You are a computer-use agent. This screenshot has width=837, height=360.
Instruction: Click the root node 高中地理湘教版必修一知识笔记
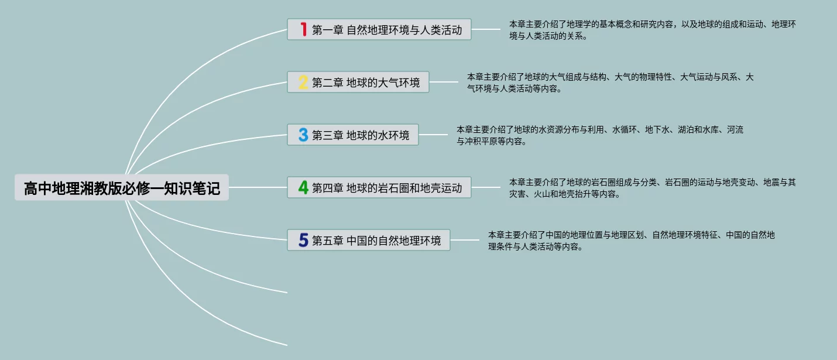tap(122, 188)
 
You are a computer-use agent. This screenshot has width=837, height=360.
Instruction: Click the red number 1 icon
tap(303, 29)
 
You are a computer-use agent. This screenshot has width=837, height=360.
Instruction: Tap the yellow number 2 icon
tap(303, 82)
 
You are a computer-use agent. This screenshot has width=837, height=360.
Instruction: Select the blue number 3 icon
tap(303, 135)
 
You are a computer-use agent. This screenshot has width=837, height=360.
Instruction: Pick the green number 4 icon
tap(303, 187)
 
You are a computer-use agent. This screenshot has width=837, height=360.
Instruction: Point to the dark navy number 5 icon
tap(303, 240)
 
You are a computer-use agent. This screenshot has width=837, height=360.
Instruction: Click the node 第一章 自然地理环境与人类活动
tap(387, 29)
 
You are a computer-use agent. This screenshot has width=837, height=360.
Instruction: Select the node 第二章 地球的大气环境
tap(366, 82)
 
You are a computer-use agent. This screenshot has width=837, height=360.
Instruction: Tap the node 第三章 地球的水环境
tap(361, 135)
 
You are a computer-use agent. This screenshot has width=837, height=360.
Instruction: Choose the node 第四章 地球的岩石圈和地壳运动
tap(387, 187)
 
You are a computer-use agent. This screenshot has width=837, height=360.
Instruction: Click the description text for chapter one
tap(652, 30)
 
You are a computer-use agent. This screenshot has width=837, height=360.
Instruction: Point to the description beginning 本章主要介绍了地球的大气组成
tap(610, 83)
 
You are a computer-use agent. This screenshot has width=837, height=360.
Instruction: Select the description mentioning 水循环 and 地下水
tap(599, 135)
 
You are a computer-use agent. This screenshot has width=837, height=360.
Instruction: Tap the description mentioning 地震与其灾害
tap(652, 188)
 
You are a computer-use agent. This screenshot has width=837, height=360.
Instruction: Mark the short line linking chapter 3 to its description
tap(434, 135)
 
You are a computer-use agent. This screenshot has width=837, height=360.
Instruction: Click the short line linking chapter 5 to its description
tap(465, 240)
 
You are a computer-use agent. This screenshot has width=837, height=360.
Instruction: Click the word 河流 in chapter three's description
tap(735, 130)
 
